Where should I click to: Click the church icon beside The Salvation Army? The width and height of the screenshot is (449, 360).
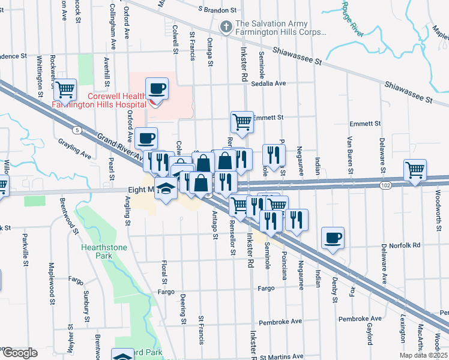[x=226, y=26]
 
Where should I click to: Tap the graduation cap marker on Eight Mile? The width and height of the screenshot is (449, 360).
[x=165, y=188]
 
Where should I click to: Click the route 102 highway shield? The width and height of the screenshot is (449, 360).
[x=385, y=186]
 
